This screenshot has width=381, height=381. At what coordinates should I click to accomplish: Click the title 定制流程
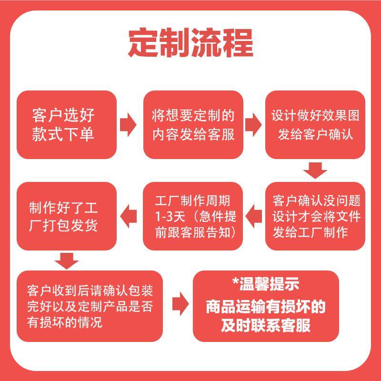pos(190,44)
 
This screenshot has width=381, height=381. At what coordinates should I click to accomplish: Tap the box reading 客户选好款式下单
pos(67,124)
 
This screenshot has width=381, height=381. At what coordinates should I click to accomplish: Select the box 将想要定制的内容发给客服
pos(193,124)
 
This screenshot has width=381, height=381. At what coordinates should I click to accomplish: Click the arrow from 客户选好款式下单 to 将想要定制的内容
pos(127,124)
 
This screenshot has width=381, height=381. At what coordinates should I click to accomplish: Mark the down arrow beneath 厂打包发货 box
pos(66,261)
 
